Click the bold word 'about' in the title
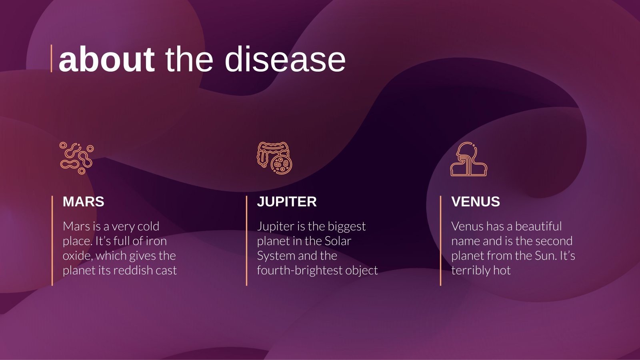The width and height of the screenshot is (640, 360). click(x=106, y=59)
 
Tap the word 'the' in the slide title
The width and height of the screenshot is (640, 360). click(x=189, y=59)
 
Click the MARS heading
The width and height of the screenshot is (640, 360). click(x=83, y=202)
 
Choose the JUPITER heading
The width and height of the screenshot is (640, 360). click(x=286, y=202)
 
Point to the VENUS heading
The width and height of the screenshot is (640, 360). click(x=475, y=202)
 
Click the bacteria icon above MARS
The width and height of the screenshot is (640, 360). click(x=76, y=158)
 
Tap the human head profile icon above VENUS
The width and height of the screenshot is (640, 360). click(x=468, y=159)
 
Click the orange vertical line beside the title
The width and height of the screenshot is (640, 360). click(x=52, y=58)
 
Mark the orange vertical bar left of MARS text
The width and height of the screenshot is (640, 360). click(x=52, y=240)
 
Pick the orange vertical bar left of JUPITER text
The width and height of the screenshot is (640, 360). click(x=246, y=240)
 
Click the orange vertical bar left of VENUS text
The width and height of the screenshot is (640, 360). click(x=440, y=240)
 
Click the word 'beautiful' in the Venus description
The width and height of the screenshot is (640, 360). click(x=538, y=226)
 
